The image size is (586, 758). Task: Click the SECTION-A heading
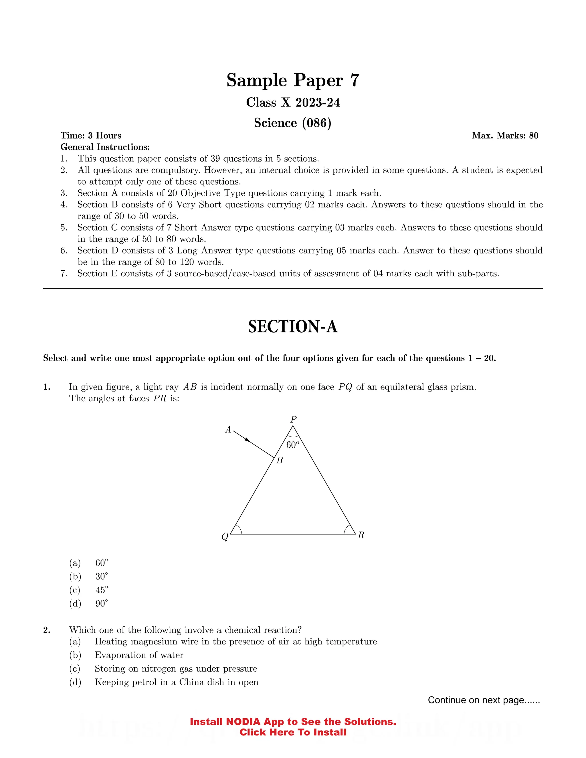tap(293, 327)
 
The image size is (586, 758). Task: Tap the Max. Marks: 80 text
tap(505, 136)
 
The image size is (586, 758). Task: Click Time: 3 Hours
tap(91, 136)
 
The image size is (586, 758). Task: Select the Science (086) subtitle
tap(293, 123)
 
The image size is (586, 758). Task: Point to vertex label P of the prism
tap(293, 419)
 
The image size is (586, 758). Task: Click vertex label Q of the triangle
tap(225, 537)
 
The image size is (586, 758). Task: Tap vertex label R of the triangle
tap(361, 535)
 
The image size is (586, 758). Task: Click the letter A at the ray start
tap(228, 430)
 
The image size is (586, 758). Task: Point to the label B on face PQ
tap(280, 460)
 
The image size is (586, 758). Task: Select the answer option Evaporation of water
tap(139, 655)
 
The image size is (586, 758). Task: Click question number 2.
tap(47, 630)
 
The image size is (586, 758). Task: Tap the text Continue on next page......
tap(484, 700)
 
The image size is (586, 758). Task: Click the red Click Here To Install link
tap(293, 732)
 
